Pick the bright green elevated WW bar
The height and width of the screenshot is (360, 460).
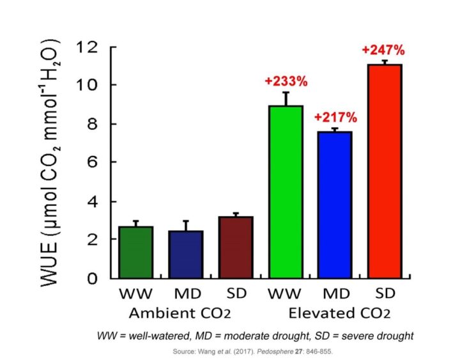coord(286,192)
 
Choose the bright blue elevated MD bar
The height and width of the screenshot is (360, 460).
coord(334,205)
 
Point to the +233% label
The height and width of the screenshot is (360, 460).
coord(286,81)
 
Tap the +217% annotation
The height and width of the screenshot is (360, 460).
coord(335,118)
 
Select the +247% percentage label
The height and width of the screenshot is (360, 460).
coord(383,50)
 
